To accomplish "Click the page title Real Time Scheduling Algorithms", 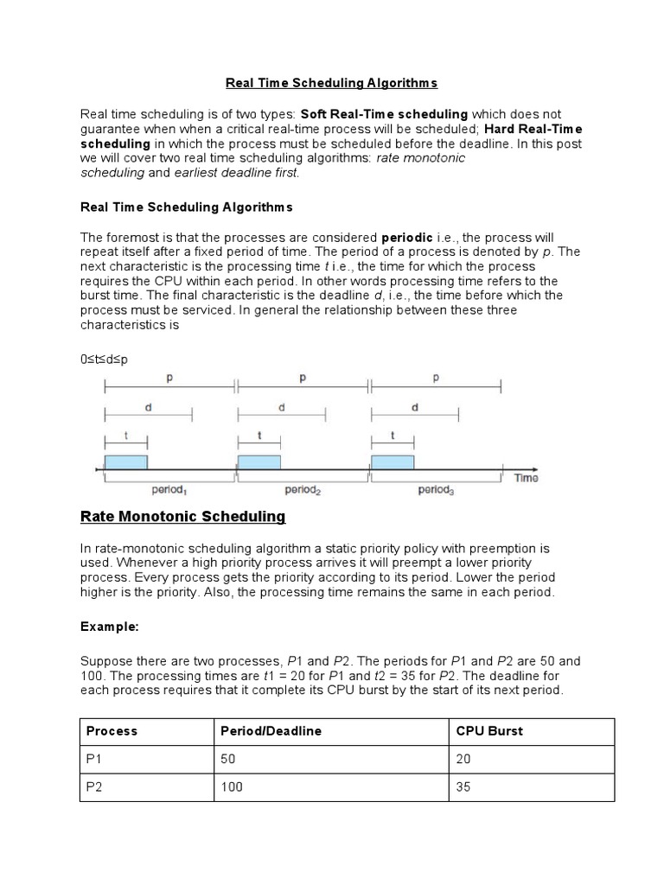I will coord(331,83).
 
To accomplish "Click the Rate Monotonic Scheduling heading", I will coord(182,517).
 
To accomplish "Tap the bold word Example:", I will coord(109,625).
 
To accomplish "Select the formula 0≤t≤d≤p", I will coord(104,359).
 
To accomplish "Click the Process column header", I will coord(112,731).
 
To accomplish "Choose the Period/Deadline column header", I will coord(271,731).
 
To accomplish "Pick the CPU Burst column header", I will coord(488,731).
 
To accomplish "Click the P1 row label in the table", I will coord(94,760).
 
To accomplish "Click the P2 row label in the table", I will coord(94,788).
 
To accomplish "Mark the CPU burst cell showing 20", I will coord(463,760).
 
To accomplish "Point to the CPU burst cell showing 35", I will coord(463,788).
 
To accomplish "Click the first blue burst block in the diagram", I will coord(126,462).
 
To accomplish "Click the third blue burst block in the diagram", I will coord(393,462).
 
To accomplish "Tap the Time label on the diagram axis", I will coord(526,477).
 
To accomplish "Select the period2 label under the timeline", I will coord(303,490).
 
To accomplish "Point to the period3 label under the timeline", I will coord(435,490).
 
